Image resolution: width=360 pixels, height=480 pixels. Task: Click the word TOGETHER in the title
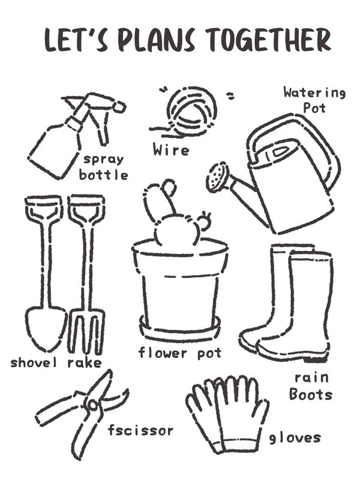[268, 40]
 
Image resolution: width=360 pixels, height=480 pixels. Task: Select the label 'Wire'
[171, 149]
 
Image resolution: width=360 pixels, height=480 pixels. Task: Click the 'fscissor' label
[140, 430]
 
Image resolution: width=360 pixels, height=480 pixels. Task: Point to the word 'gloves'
[295, 438]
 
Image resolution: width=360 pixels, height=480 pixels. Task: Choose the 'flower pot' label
[180, 353]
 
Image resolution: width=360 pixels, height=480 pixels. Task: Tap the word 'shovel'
[34, 362]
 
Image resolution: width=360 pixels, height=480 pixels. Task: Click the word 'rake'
[85, 363]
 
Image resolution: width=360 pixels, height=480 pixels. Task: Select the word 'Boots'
[311, 394]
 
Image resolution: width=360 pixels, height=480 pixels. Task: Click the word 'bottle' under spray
[103, 175]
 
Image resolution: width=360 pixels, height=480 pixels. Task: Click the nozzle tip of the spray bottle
[119, 106]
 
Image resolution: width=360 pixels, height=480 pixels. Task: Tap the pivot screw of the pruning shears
[92, 405]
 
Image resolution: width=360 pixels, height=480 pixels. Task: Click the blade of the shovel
[46, 328]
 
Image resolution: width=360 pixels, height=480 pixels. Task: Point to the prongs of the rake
[86, 333]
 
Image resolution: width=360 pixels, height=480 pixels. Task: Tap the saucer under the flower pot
[180, 331]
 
